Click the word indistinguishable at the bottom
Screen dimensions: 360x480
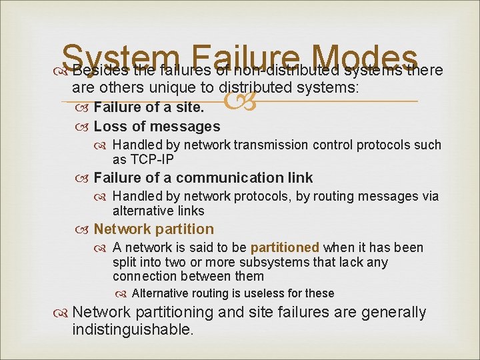point(133,329)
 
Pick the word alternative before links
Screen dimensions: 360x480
point(144,211)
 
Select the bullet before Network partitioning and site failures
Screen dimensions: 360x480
point(62,313)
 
